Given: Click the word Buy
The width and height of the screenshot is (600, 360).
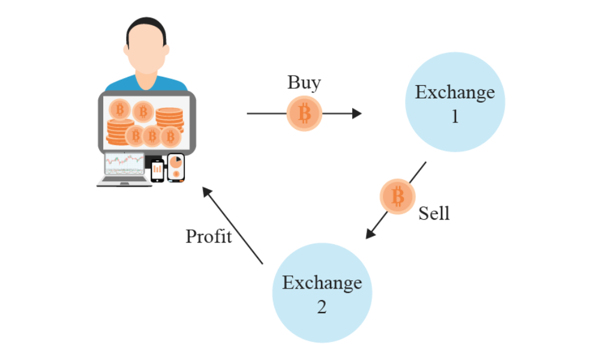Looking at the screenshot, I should [x=304, y=82].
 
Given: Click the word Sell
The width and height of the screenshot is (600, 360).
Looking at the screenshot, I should [x=434, y=213].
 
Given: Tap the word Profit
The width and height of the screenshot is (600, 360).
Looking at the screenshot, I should [x=208, y=236].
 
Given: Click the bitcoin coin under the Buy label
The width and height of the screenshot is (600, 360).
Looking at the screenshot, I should [x=304, y=113].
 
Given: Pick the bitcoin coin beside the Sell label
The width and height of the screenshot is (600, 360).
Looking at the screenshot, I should [x=397, y=196].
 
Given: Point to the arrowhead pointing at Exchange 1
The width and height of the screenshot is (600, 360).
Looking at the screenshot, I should [x=358, y=113].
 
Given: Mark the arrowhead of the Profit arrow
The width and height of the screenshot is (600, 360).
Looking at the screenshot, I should [x=206, y=191].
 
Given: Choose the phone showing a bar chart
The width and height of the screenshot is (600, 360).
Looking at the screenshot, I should [x=157, y=170].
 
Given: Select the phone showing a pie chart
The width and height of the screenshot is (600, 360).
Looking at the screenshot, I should [x=176, y=167].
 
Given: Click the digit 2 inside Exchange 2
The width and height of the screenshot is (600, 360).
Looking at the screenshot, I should [x=322, y=307].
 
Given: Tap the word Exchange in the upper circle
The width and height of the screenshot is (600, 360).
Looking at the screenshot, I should [x=455, y=92].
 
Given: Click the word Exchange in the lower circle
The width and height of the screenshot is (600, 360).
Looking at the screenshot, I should [x=322, y=282].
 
